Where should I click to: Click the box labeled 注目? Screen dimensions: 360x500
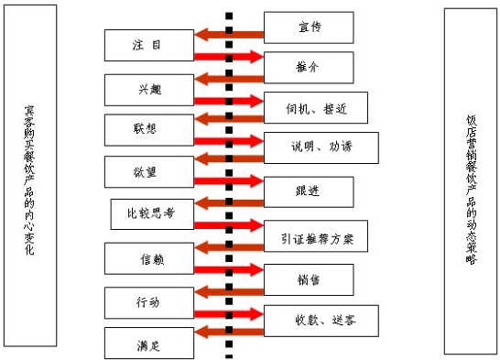point(148,43)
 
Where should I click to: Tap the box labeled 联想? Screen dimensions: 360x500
point(148,129)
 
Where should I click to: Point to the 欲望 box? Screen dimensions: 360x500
point(148,171)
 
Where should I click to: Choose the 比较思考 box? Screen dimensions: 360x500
point(151,214)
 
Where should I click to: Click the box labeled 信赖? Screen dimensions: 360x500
point(148,257)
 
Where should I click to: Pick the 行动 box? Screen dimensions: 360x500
point(148,300)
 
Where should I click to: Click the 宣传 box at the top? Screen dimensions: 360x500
point(308,27)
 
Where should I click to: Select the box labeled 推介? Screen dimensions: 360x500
point(308,67)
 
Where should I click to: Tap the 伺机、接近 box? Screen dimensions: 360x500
point(315,107)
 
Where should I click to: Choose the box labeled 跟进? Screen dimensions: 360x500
point(308,191)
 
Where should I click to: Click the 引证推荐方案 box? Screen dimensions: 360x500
point(321,235)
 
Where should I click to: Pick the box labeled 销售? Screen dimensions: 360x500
point(308,278)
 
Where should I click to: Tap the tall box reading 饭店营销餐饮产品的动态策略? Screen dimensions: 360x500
point(470,180)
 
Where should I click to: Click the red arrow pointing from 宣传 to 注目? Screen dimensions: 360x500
point(229,35)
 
